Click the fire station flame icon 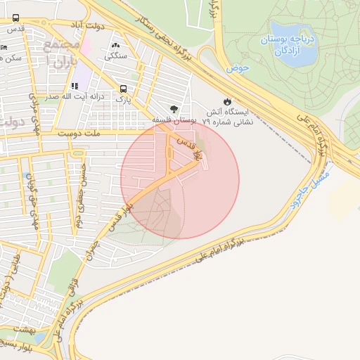click(x=227, y=101)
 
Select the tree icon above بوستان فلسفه click(x=174, y=110)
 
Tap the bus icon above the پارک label click(x=124, y=89)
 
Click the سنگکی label click(x=116, y=55)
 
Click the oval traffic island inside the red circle click(x=169, y=153)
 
